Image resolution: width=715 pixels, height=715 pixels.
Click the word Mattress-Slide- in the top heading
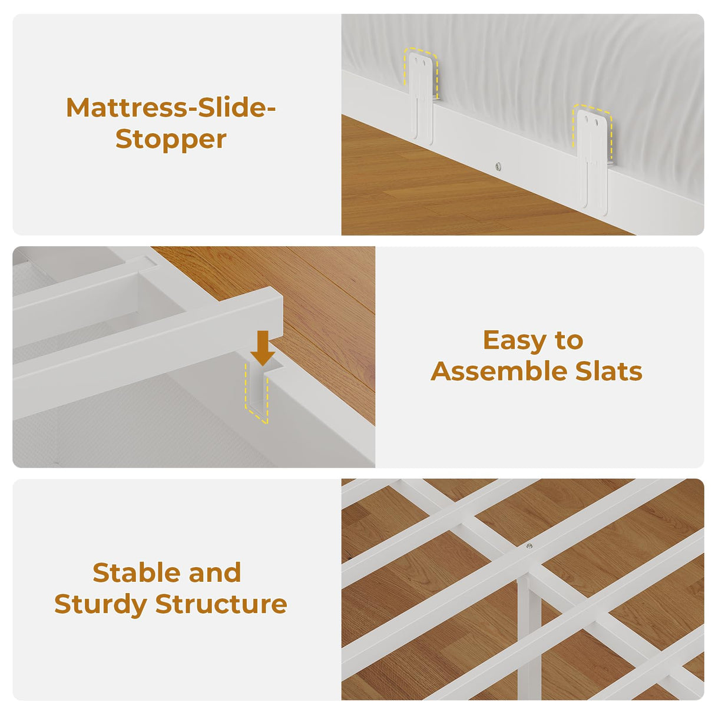pos(171,108)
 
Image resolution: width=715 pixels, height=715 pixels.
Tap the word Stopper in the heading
pos(171,140)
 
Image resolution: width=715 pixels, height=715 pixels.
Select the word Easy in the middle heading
pos(512,340)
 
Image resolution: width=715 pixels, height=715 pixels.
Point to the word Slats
pos(609,371)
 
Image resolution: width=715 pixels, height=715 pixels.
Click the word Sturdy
pos(101,604)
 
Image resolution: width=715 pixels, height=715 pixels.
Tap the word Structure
pos(221,604)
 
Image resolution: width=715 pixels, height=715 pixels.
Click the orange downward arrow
pos(263,348)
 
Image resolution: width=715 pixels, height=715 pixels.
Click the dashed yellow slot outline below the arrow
pos(256,394)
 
